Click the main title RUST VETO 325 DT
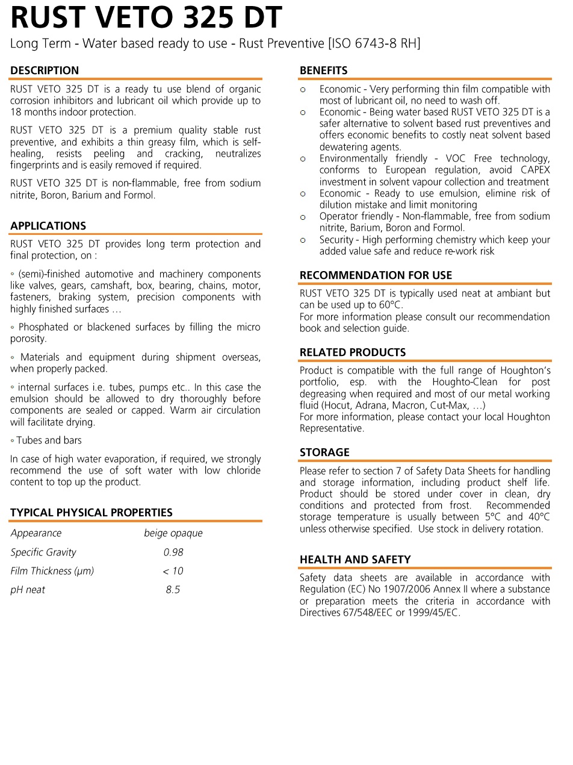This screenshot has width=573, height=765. [146, 18]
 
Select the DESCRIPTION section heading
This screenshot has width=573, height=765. [45, 70]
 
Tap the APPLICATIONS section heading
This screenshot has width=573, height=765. [48, 226]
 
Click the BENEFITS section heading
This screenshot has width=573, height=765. [323, 70]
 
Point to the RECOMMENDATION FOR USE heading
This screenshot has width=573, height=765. [376, 275]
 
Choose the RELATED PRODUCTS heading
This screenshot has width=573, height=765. [353, 352]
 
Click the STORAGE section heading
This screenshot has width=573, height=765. [324, 452]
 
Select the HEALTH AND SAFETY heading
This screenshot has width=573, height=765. [355, 560]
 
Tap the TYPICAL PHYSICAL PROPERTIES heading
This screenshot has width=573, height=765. [91, 513]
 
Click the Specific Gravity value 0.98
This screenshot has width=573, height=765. [173, 552]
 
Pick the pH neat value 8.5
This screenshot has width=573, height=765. [173, 590]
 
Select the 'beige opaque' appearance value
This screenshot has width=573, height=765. [173, 533]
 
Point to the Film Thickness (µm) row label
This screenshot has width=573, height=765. [52, 571]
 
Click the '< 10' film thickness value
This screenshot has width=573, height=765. [173, 571]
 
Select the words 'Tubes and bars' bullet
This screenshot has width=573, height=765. [49, 440]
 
